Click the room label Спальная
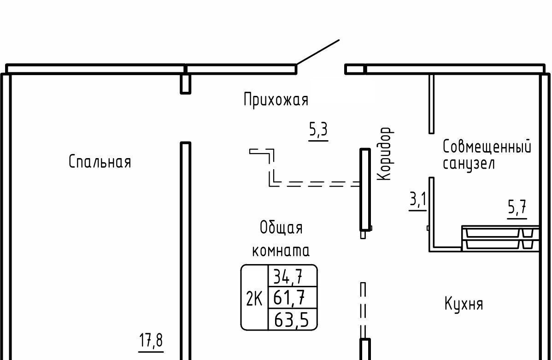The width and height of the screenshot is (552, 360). pyautogui.click(x=100, y=162)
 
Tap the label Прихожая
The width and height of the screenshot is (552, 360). pyautogui.click(x=276, y=100)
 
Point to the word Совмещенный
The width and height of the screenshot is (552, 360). pyautogui.click(x=487, y=148)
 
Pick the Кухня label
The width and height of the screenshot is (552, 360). pyautogui.click(x=464, y=305)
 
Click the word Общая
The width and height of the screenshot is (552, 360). pyautogui.click(x=281, y=228)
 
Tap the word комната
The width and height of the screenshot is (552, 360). pyautogui.click(x=281, y=251)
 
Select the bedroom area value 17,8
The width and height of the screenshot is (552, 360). pyautogui.click(x=151, y=341)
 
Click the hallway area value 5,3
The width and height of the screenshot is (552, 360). pyautogui.click(x=318, y=130)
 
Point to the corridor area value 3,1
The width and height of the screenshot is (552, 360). pyautogui.click(x=418, y=201)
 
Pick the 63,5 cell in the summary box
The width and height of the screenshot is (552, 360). pyautogui.click(x=292, y=319)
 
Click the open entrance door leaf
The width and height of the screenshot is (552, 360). pyautogui.click(x=318, y=52)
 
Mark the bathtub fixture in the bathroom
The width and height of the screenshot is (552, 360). pyautogui.click(x=500, y=238)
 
